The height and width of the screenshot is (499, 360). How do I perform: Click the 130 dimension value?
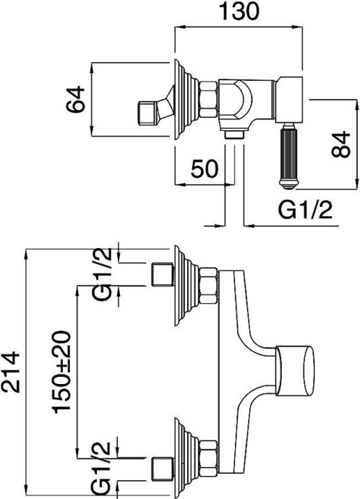coord(239,12)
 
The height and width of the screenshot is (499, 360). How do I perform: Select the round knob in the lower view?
coord(297,370)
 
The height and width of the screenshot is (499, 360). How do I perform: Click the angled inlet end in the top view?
coord(153,112)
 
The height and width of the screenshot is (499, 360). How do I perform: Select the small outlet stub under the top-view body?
coord(233,135)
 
